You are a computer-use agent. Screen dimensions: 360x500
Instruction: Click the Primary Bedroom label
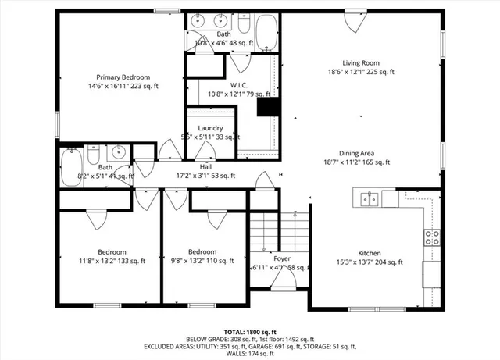123,77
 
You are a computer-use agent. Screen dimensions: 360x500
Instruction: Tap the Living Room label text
360,63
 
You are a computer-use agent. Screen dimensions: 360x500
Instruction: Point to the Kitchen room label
369,253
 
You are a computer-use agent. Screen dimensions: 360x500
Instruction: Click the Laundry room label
210,128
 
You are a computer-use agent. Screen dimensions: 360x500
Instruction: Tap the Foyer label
282,258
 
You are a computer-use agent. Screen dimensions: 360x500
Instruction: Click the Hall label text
205,166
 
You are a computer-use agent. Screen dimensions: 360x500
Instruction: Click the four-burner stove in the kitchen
431,238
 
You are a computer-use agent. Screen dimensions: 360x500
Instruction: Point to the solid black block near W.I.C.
268,107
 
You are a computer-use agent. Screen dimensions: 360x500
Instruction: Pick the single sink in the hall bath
119,152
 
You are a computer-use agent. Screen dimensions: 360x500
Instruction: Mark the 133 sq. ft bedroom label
112,252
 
